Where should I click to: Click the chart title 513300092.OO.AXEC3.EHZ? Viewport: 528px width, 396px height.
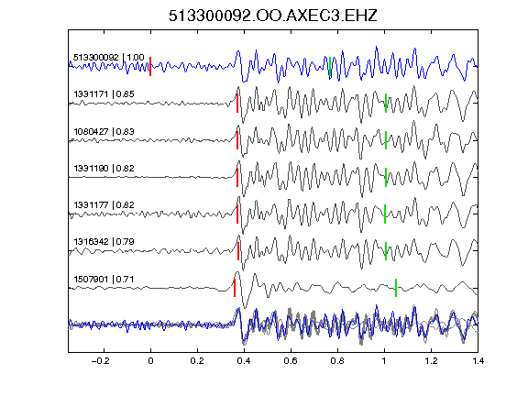273,16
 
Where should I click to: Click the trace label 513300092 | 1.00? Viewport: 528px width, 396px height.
109,57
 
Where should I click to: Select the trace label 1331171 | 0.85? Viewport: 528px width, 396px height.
104,93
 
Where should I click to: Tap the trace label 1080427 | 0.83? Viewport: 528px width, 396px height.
104,131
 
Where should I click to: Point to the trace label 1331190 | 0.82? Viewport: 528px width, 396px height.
104,168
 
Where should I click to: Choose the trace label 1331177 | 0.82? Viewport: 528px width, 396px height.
104,204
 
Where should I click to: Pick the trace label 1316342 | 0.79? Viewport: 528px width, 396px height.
104,242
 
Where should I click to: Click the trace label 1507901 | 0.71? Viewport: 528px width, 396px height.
104,280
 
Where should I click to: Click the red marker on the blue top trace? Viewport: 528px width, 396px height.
150,66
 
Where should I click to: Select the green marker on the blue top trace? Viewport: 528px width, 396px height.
330,66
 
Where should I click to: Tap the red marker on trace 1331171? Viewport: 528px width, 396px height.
237,103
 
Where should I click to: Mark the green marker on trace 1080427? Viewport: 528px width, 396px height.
386,140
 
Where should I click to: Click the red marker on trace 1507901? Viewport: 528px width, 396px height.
235,288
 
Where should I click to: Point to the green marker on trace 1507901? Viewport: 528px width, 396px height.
396,288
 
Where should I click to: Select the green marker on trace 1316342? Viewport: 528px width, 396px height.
386,251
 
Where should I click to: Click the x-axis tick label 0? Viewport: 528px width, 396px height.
150,361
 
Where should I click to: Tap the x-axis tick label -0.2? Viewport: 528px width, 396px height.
100,361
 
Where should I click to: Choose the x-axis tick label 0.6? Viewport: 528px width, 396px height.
291,361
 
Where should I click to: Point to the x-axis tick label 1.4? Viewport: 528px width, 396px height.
478,361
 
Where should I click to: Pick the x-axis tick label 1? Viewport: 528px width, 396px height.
384,361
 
